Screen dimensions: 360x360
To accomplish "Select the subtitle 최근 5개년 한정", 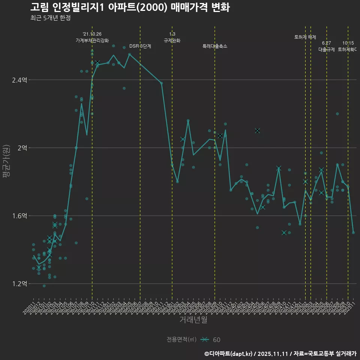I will point(50,18).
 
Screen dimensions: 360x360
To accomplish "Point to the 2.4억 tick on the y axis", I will point(19,80).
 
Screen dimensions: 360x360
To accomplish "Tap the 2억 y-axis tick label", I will point(22,148).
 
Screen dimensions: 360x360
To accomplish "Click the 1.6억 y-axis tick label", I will point(19,216).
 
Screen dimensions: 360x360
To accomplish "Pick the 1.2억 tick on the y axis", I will point(19,283).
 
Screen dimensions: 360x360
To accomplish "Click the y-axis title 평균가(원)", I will point(7,162).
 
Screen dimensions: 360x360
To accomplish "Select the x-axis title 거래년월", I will point(193,320).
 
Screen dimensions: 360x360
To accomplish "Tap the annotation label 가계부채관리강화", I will point(92,40).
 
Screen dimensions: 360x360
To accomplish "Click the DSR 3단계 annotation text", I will point(140,46).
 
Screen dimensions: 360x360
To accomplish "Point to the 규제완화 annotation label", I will point(172,40).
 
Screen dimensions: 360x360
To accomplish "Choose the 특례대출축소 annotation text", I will point(215,46).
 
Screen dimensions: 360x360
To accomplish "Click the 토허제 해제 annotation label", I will point(305,37).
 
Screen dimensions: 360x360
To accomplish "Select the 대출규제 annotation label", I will point(327,49).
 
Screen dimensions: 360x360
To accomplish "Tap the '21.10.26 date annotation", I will point(92,34).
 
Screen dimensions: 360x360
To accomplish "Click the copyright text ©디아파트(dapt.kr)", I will point(229,354).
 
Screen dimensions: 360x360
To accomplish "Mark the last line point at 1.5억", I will point(353,232).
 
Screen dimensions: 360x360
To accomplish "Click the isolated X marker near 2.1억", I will point(257,130).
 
